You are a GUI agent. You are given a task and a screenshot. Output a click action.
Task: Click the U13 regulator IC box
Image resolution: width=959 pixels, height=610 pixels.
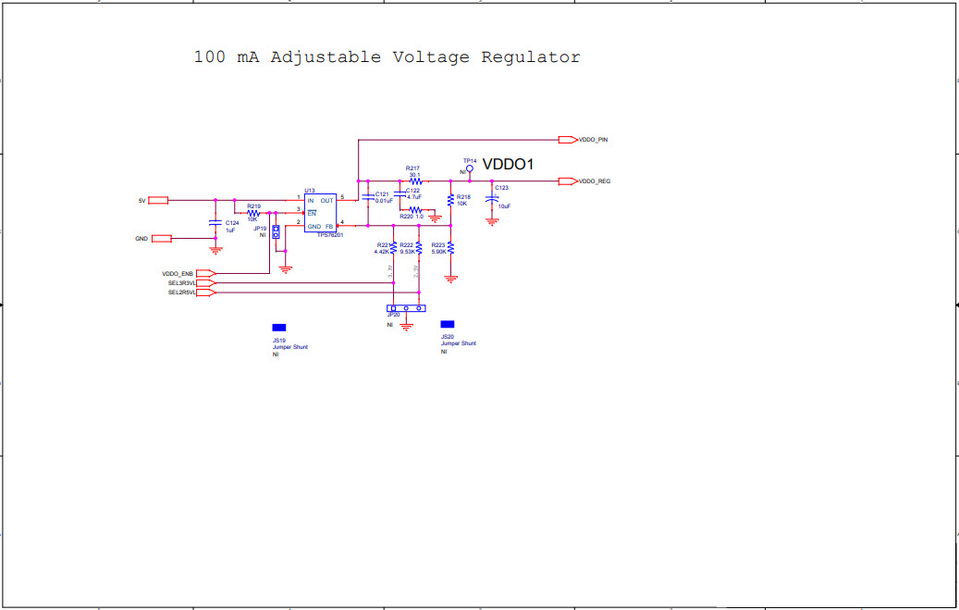[x=320, y=213]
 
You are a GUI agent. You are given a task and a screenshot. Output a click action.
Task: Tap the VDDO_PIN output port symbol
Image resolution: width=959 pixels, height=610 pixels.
[x=567, y=140]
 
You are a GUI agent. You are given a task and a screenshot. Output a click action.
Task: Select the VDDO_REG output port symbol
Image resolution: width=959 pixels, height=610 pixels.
[x=567, y=181]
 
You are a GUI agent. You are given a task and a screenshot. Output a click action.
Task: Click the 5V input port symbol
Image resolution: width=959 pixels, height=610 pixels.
[x=158, y=200]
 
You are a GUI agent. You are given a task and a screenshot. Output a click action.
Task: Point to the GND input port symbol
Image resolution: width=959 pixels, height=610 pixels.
[x=162, y=239]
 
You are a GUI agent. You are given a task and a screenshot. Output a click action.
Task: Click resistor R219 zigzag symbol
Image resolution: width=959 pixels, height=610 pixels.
[x=252, y=213]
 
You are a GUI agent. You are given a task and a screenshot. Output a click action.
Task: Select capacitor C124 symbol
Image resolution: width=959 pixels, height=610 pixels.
[x=215, y=224]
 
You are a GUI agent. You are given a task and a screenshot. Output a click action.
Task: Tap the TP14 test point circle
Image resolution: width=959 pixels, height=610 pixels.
[x=470, y=169]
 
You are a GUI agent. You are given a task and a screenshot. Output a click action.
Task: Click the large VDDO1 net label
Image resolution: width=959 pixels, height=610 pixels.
[x=508, y=164]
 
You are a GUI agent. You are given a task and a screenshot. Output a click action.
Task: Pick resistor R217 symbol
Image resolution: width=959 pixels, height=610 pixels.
[x=414, y=181]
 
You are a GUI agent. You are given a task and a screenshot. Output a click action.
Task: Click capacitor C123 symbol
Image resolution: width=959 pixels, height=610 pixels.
[x=492, y=201]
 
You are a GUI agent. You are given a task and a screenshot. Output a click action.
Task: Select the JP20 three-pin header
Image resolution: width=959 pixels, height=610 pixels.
[x=406, y=308]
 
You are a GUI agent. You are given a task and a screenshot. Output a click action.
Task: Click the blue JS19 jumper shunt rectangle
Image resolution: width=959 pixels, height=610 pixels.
[x=278, y=328]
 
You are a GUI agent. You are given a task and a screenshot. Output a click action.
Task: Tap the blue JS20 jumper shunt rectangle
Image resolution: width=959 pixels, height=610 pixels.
[x=448, y=324]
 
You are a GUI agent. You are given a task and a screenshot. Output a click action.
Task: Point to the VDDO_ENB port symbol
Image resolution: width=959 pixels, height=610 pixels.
[x=205, y=274]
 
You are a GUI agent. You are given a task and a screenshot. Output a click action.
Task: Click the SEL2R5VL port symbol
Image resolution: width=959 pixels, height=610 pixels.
[x=205, y=293]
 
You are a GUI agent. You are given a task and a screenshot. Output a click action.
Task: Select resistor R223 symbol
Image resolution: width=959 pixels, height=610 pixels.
[x=450, y=247]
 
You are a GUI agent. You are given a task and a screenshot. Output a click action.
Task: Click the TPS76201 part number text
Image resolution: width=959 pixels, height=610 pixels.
[x=330, y=236]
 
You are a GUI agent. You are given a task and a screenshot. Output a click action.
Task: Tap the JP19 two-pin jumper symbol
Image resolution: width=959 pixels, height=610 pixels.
[x=276, y=231]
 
